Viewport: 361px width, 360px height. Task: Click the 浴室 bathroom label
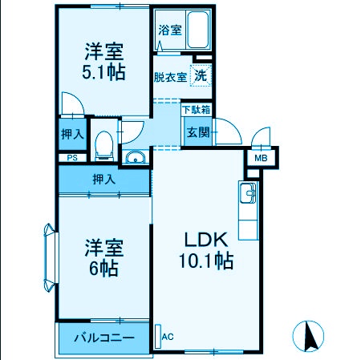tap(169, 30)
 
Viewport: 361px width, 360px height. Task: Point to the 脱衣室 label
tap(170, 78)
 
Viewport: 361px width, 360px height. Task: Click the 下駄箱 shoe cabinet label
tap(197, 109)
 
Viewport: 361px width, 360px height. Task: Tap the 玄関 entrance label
tap(198, 132)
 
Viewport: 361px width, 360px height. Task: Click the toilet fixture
tap(102, 145)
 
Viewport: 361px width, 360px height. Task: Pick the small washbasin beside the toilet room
tap(136, 156)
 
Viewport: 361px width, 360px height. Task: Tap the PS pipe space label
tap(71, 159)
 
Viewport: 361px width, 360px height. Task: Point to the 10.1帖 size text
tap(206, 261)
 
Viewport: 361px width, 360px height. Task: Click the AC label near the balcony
tap(168, 337)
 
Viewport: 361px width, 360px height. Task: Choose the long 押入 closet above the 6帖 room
tap(103, 179)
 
